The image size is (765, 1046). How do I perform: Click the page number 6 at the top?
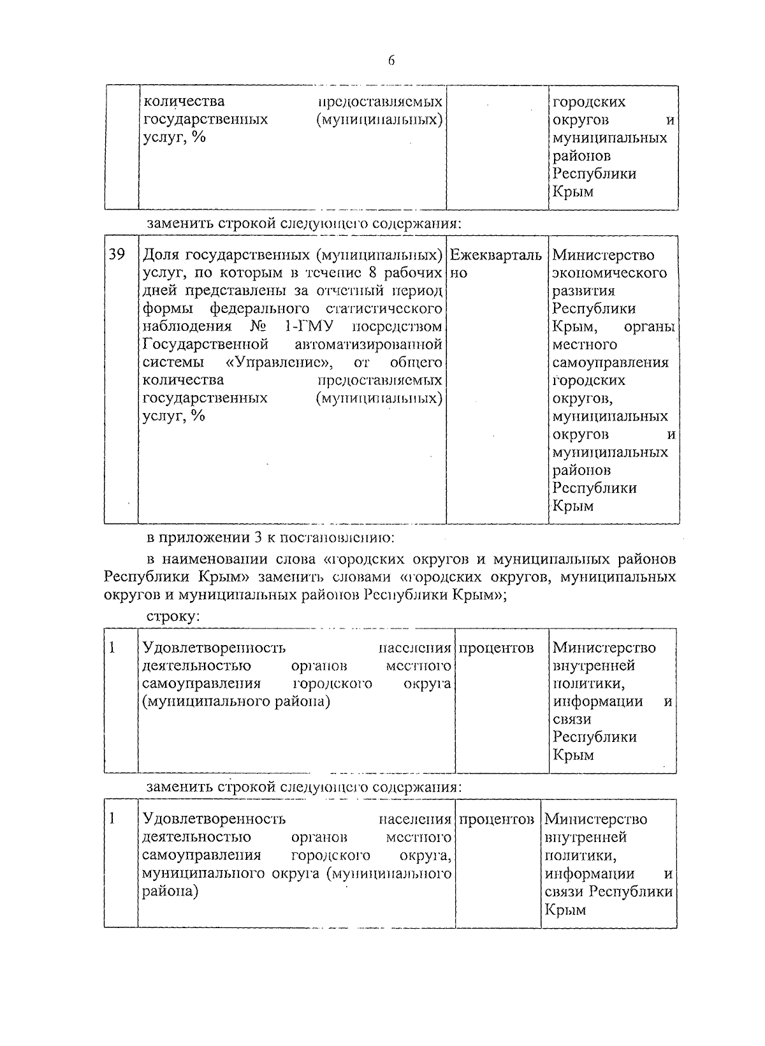click(391, 61)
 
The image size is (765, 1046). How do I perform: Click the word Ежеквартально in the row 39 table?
click(496, 256)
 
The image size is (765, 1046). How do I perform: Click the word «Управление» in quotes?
click(278, 363)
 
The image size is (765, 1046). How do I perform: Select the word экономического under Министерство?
click(609, 273)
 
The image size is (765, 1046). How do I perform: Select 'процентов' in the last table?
click(496, 819)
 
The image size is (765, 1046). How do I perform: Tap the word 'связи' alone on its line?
click(572, 720)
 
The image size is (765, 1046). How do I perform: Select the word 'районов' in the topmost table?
click(581, 156)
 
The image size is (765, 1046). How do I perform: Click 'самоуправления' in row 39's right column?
click(610, 363)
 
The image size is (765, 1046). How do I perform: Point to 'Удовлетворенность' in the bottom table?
click(214, 819)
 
